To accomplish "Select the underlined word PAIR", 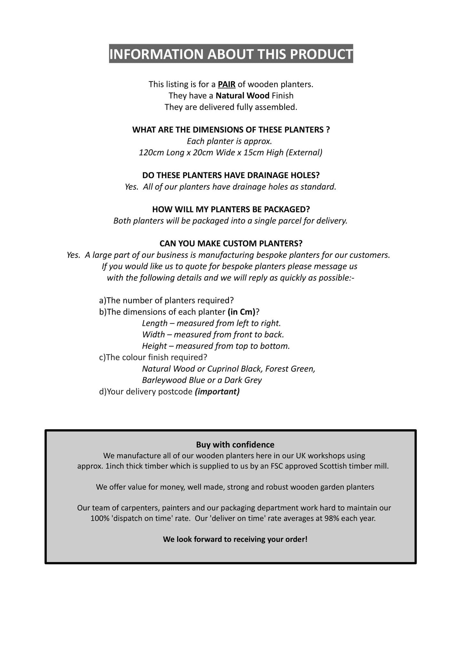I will (226, 84).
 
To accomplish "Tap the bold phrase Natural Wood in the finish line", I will (242, 96).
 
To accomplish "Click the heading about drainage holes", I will (231, 175).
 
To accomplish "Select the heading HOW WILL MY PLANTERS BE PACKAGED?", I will (231, 209).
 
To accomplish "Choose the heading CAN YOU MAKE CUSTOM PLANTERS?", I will (231, 243).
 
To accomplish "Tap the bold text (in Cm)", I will (242, 312).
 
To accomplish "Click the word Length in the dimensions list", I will (155, 323).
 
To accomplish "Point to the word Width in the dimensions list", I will (153, 335).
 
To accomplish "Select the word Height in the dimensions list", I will (154, 346).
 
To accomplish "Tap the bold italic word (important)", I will (217, 392).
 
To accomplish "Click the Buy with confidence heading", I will (235, 445).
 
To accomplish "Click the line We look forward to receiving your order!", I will (235, 540).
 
